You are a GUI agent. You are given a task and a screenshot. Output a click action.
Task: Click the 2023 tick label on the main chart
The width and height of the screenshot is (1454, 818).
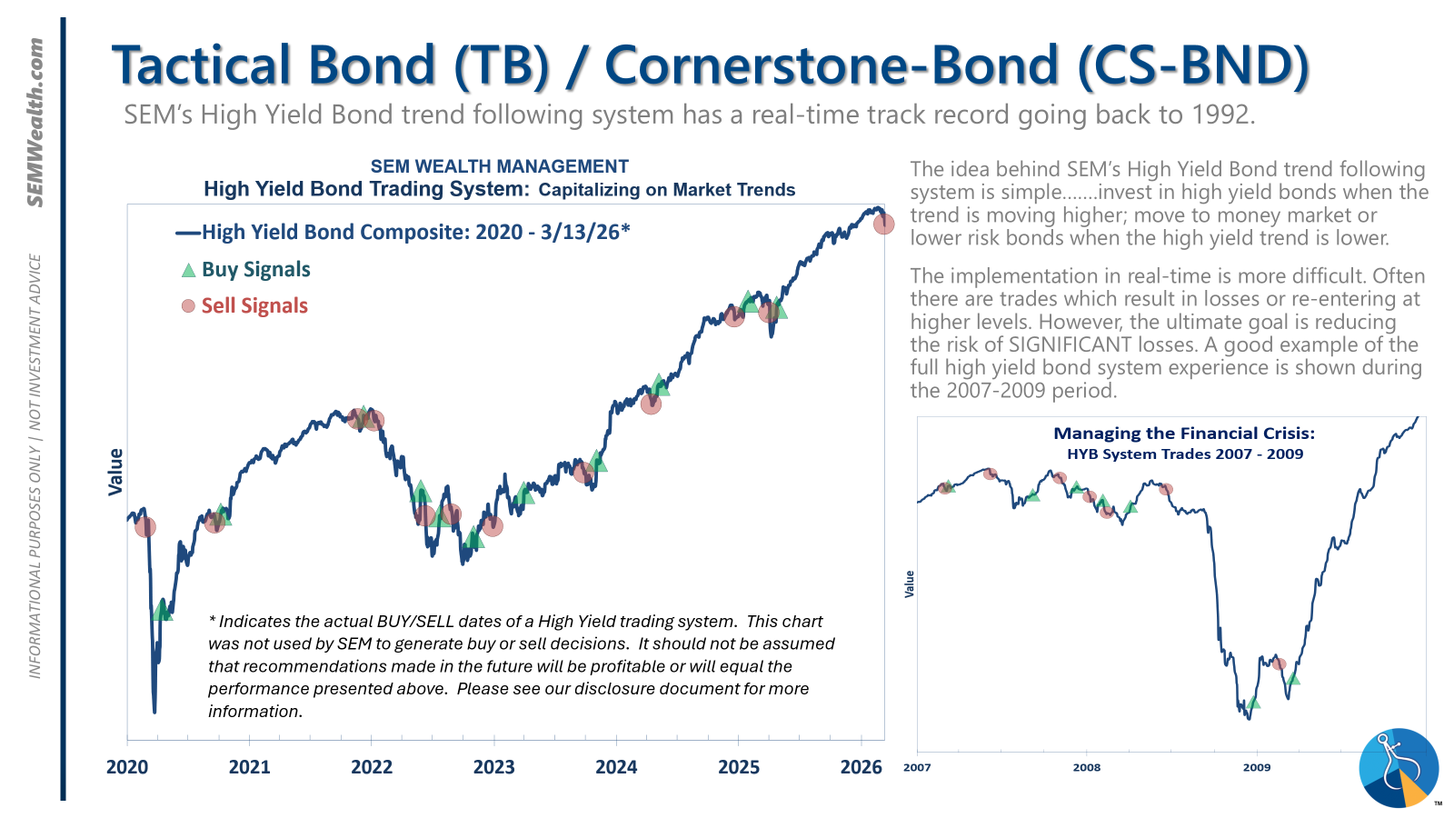[493, 767]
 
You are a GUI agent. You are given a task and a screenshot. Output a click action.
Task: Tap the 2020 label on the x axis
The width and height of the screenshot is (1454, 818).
[127, 767]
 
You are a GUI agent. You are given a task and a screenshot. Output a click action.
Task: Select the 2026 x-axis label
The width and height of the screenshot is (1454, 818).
[861, 767]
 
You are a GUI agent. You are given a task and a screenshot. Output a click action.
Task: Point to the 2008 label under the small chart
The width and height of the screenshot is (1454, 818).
[1087, 767]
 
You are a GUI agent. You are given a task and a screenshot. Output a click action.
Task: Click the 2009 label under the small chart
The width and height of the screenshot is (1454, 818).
[1257, 767]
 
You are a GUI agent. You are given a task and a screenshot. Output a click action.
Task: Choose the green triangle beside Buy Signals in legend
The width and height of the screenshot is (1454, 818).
[188, 270]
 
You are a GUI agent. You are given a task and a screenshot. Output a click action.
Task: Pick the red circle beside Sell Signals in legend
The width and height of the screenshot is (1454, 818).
[188, 306]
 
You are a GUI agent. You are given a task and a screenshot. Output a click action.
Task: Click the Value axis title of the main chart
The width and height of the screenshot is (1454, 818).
[115, 472]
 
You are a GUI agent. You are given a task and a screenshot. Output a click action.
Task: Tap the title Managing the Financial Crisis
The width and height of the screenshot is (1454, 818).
[1184, 434]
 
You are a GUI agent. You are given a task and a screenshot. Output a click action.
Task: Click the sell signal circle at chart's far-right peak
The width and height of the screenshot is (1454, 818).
[883, 224]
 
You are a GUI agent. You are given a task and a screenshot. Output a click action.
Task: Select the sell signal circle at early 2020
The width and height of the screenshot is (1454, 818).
[145, 526]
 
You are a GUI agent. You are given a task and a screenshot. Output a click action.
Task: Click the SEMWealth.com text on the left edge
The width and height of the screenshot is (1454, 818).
[35, 123]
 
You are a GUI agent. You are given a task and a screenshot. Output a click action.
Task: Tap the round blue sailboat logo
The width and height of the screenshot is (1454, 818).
[1399, 768]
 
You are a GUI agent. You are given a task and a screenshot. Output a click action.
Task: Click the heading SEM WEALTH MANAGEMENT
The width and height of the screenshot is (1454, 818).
[499, 166]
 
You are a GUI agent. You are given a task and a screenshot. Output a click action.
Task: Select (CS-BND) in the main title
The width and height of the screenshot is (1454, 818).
[1193, 65]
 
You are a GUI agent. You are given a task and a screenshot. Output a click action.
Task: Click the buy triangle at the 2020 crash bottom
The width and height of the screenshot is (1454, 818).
[163, 609]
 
